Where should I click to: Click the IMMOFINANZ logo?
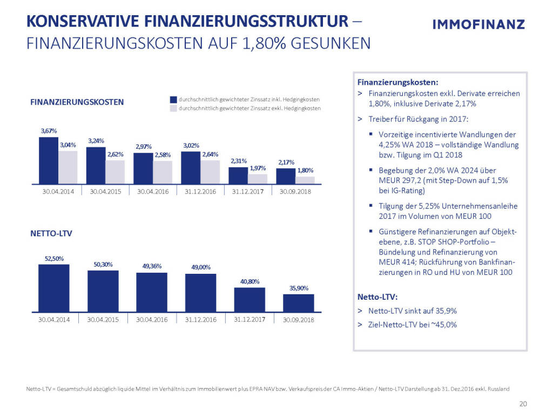click(x=478, y=24)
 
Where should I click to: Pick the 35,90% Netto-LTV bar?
click(x=298, y=303)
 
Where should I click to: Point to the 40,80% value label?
click(x=249, y=281)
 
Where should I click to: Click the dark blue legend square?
click(x=173, y=100)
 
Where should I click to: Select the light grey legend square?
click(x=173, y=108)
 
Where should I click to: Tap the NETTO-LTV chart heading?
click(x=52, y=234)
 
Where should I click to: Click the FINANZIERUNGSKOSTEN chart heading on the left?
click(x=77, y=102)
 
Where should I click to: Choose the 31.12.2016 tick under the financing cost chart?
click(x=200, y=191)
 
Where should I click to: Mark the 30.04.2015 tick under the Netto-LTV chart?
click(x=103, y=320)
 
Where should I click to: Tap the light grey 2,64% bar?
click(x=210, y=171)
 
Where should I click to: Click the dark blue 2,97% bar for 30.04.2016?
click(x=143, y=168)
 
